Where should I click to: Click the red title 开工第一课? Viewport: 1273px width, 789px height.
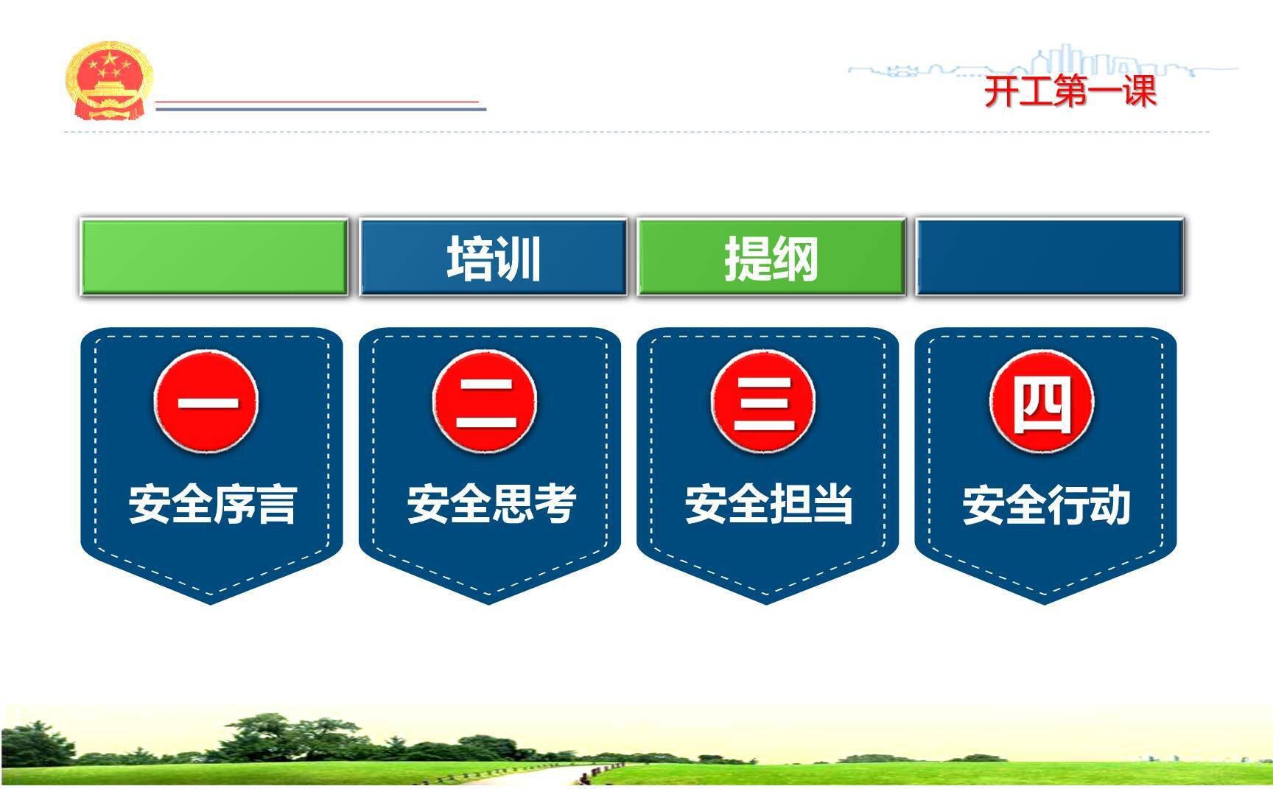tap(1070, 92)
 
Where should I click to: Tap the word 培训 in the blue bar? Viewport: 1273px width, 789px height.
tap(494, 258)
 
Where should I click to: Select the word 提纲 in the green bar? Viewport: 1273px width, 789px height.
tap(771, 258)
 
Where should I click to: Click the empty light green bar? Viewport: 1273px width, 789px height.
tap(214, 257)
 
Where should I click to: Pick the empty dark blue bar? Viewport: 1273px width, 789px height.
tap(1049, 257)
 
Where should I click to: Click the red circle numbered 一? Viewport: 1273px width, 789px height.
tap(206, 402)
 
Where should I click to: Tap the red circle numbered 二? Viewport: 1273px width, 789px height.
tap(485, 402)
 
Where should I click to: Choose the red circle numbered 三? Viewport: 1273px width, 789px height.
tap(763, 402)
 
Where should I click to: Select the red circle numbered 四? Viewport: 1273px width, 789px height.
tap(1041, 402)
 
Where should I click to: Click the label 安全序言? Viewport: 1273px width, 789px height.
tap(212, 505)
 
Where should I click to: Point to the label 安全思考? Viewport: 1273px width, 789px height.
tap(491, 505)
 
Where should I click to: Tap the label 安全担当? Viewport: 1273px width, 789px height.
tap(768, 505)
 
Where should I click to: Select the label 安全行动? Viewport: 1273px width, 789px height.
tap(1046, 505)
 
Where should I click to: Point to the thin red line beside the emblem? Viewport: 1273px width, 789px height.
tap(317, 102)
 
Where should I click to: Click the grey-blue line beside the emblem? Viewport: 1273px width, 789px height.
tap(320, 109)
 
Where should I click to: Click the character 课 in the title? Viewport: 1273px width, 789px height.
tap(1139, 92)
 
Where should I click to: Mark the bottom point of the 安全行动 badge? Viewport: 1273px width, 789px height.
tap(1045, 602)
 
